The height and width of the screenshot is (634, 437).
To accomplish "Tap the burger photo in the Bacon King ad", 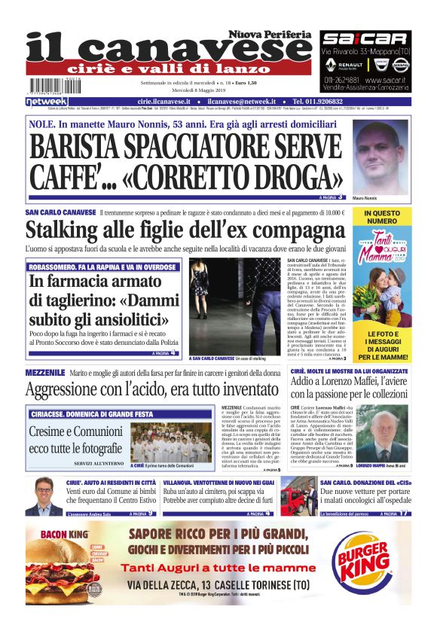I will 59,571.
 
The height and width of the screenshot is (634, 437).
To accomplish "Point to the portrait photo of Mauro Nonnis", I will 380,153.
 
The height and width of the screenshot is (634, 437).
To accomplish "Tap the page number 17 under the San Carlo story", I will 405,514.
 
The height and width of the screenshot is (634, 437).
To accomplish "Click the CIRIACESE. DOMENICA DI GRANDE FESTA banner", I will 94,414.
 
